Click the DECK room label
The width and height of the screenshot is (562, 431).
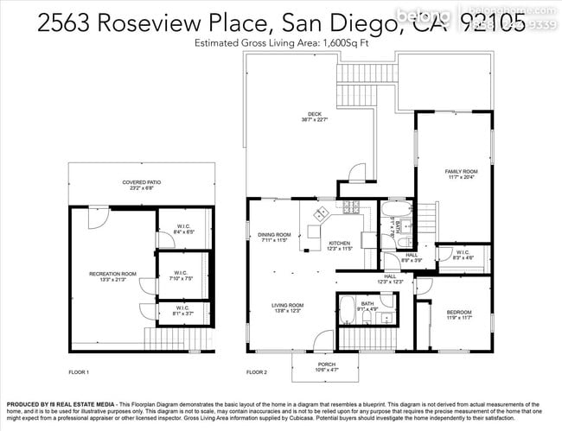coord(313,114)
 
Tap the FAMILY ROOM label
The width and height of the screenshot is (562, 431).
coord(461,172)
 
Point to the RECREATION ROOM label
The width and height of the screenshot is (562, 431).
coord(112,274)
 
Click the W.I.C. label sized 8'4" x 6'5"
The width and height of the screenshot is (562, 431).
coord(183,228)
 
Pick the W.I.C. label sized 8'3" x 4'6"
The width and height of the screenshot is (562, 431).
coord(463,254)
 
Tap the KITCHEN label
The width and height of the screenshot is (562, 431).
coord(339,244)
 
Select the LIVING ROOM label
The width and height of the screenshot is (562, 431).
coord(288,305)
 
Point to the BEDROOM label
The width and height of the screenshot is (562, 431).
coord(459,312)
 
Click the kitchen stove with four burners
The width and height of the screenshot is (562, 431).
coord(350,207)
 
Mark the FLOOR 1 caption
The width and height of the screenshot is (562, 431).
coord(79,372)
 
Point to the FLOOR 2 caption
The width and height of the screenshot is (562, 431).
coord(257,372)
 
